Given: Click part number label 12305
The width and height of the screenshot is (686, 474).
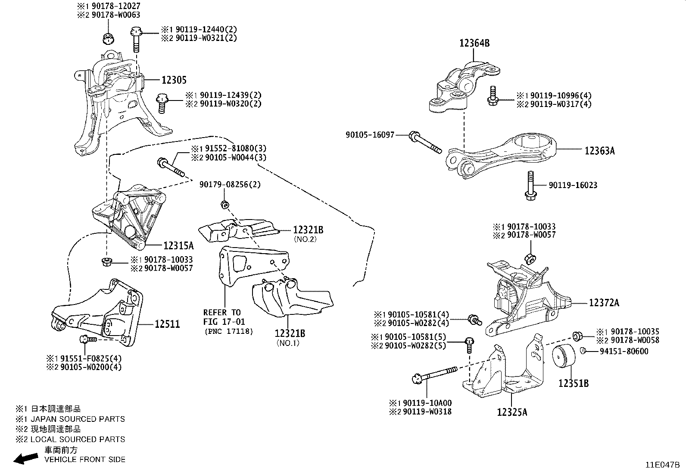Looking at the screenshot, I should (x=174, y=80).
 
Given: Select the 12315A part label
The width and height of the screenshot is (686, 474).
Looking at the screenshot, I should (x=178, y=246).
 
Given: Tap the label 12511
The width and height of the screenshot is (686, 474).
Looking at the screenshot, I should (x=167, y=324).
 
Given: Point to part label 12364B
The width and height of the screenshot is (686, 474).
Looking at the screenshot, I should (x=474, y=43).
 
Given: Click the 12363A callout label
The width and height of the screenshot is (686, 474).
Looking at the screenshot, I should (x=599, y=151).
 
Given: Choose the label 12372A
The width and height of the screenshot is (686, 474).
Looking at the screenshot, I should (x=604, y=303).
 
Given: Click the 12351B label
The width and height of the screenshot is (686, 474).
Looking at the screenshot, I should (x=574, y=383).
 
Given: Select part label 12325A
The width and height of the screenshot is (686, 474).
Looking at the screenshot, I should (x=511, y=412).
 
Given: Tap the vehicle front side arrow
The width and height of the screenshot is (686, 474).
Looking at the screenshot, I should (x=25, y=459).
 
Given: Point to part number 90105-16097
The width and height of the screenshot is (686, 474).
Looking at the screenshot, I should (x=370, y=135).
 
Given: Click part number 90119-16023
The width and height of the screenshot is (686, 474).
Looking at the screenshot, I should (x=573, y=185).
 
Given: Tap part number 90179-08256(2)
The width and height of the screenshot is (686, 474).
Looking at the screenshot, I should (x=230, y=185).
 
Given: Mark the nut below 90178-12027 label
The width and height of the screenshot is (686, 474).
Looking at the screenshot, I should (x=108, y=38).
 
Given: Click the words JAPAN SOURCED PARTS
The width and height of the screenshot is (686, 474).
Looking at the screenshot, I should (x=78, y=419).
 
